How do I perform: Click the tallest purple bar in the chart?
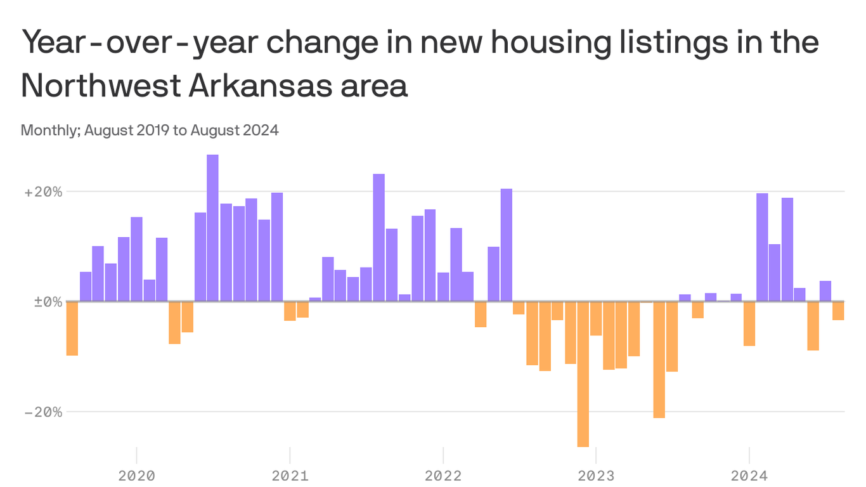click(212, 228)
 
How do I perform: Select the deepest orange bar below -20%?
click(583, 374)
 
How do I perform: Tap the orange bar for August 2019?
click(72, 328)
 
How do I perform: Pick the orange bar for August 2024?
click(838, 311)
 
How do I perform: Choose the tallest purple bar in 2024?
click(762, 247)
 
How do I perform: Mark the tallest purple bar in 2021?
click(378, 237)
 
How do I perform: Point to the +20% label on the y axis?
click(43, 192)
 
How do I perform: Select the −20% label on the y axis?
click(43, 412)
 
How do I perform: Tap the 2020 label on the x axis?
click(137, 476)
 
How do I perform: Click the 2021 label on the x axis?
click(290, 476)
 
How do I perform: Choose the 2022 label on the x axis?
click(443, 476)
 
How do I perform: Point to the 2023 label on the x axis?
click(596, 476)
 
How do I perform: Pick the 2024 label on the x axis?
click(749, 476)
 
